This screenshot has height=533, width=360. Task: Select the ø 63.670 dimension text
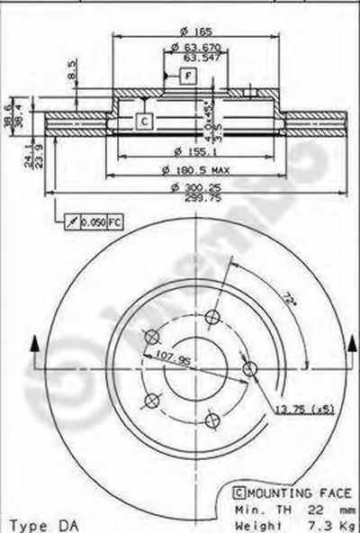pos(189,47)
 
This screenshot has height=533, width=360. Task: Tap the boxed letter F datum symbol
pos(188,76)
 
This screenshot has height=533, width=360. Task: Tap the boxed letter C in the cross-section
pos(143,121)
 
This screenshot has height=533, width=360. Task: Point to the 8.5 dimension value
pos(73,69)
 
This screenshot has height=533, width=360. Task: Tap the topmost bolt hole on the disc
pos(213,316)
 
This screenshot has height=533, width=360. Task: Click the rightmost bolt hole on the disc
pos(251,367)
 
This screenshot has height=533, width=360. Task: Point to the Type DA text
pos(36,523)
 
